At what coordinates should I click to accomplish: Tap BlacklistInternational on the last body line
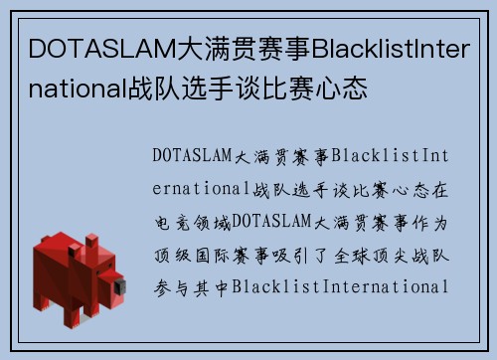click(x=342, y=286)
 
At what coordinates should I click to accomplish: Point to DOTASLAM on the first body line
click(x=194, y=155)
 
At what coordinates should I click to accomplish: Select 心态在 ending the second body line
click(x=420, y=188)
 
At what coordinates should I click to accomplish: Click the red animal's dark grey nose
click(x=119, y=288)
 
